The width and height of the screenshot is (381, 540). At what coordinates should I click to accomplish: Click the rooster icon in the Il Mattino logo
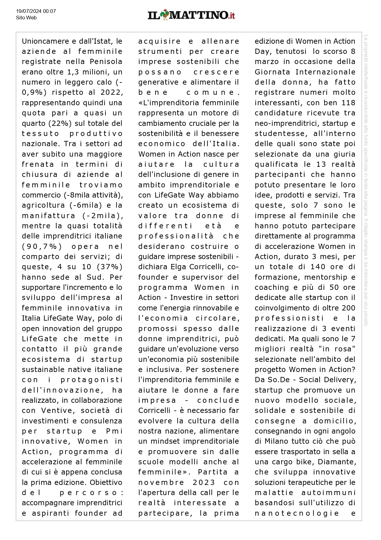[165, 15]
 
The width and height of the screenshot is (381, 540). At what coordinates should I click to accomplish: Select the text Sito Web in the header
[26, 18]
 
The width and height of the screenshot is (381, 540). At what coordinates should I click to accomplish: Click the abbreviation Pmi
[114, 431]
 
